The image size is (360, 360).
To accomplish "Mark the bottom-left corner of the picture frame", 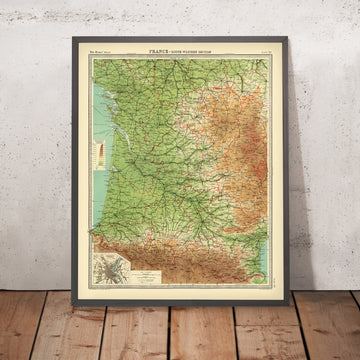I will click(x=73, y=305).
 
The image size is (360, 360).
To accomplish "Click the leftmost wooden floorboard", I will click(x=20, y=335).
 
